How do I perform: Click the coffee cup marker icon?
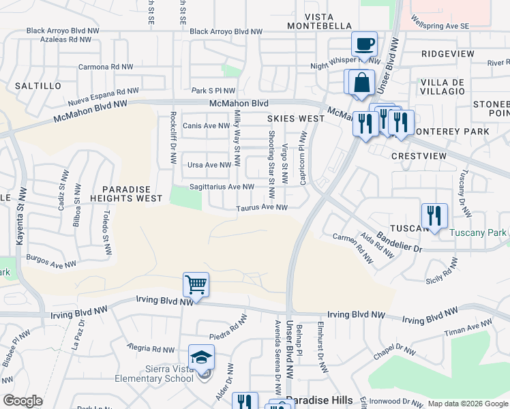364,44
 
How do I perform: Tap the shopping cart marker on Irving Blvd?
196,284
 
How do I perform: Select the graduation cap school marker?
201,357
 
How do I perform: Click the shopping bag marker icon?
362,82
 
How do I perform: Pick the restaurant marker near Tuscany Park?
434,215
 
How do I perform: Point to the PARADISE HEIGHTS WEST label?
132,193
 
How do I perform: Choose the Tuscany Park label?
478,232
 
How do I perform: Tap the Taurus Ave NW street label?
262,208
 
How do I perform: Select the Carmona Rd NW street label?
105,67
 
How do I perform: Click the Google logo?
22,401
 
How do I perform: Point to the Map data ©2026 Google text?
467,404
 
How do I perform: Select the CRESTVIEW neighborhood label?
419,156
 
